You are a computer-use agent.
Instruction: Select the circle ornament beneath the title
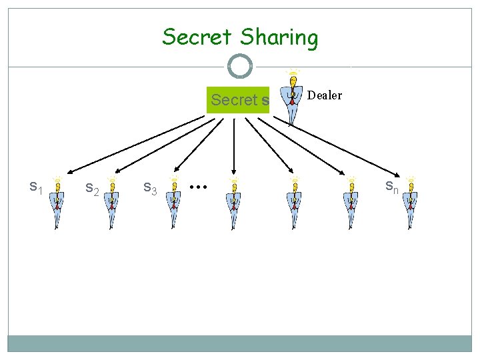[240, 67]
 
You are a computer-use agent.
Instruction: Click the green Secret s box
[239, 100]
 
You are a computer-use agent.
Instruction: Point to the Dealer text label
[325, 95]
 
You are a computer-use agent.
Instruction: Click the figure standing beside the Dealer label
[291, 100]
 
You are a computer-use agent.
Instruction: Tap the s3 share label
[150, 189]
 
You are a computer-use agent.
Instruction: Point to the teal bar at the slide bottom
[240, 343]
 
